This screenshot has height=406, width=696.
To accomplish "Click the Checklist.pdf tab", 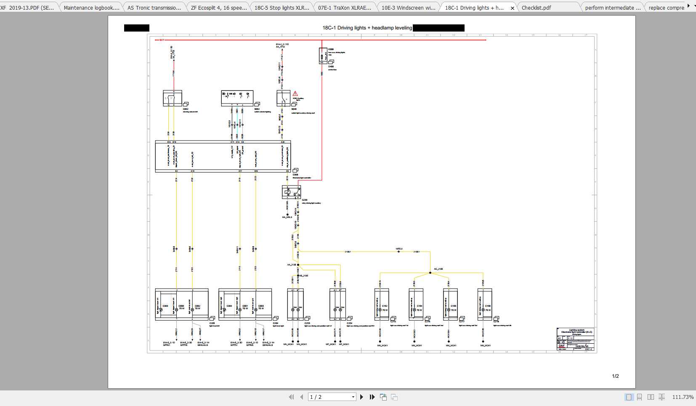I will click(x=536, y=8).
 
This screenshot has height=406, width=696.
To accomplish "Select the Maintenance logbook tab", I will click(x=91, y=8).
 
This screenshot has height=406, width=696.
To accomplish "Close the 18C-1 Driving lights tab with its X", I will click(x=512, y=8).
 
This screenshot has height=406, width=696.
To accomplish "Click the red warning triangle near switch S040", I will click(x=295, y=94).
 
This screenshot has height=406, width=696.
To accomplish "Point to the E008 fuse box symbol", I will click(x=323, y=56).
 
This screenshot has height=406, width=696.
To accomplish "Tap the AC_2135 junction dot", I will click(x=430, y=273).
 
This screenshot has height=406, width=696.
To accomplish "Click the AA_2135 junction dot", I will click(x=298, y=265).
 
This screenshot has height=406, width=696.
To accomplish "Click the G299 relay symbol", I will click(x=291, y=192).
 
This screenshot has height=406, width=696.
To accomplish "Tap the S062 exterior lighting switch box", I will click(x=237, y=98).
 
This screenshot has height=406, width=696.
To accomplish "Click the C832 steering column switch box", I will click(x=172, y=98).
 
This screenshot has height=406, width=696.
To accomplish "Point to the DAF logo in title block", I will click(x=562, y=346).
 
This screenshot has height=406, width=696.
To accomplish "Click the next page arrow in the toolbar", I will click(x=361, y=397).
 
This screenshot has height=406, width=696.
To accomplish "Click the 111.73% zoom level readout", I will click(x=683, y=397).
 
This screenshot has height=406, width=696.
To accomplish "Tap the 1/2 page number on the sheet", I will click(x=615, y=376).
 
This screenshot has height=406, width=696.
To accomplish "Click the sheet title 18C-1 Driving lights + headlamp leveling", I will click(x=367, y=28).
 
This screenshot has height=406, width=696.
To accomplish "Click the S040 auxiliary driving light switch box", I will click(x=283, y=98).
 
